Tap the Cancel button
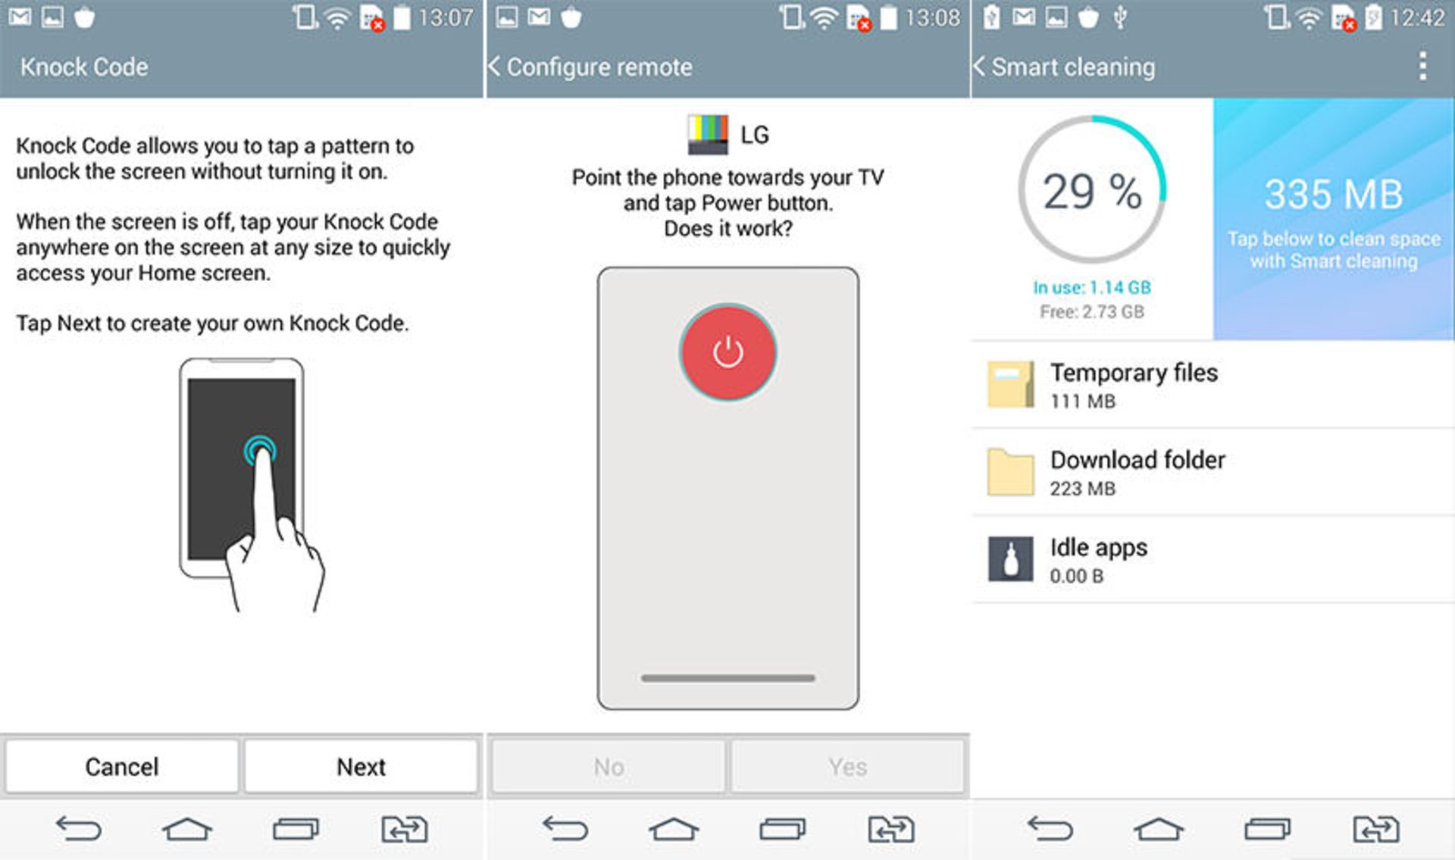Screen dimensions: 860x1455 pos(121,767)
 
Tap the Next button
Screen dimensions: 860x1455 pos(361,767)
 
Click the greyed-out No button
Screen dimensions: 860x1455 pos(609,767)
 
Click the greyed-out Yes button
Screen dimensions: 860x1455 pos(847,767)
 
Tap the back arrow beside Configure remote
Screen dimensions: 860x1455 pos(495,67)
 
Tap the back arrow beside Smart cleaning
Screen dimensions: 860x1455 pos(979,67)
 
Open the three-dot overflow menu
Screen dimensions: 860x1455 pos(1422,67)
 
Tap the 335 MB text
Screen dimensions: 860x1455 pos(1333,194)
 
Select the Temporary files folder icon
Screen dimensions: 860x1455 pos(1010,384)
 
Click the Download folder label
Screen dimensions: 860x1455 pos(1137,460)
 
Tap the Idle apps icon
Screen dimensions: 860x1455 pos(1010,559)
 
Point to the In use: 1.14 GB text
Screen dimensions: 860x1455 pos(1091,287)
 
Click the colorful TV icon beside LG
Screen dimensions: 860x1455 pos(708,134)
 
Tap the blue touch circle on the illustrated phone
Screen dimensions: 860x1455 pos(260,451)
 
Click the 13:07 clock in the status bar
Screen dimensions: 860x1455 pos(445,17)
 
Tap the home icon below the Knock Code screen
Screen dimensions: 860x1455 pos(186,829)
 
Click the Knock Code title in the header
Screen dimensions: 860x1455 pos(84,67)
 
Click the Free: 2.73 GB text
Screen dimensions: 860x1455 pos(1091,311)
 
